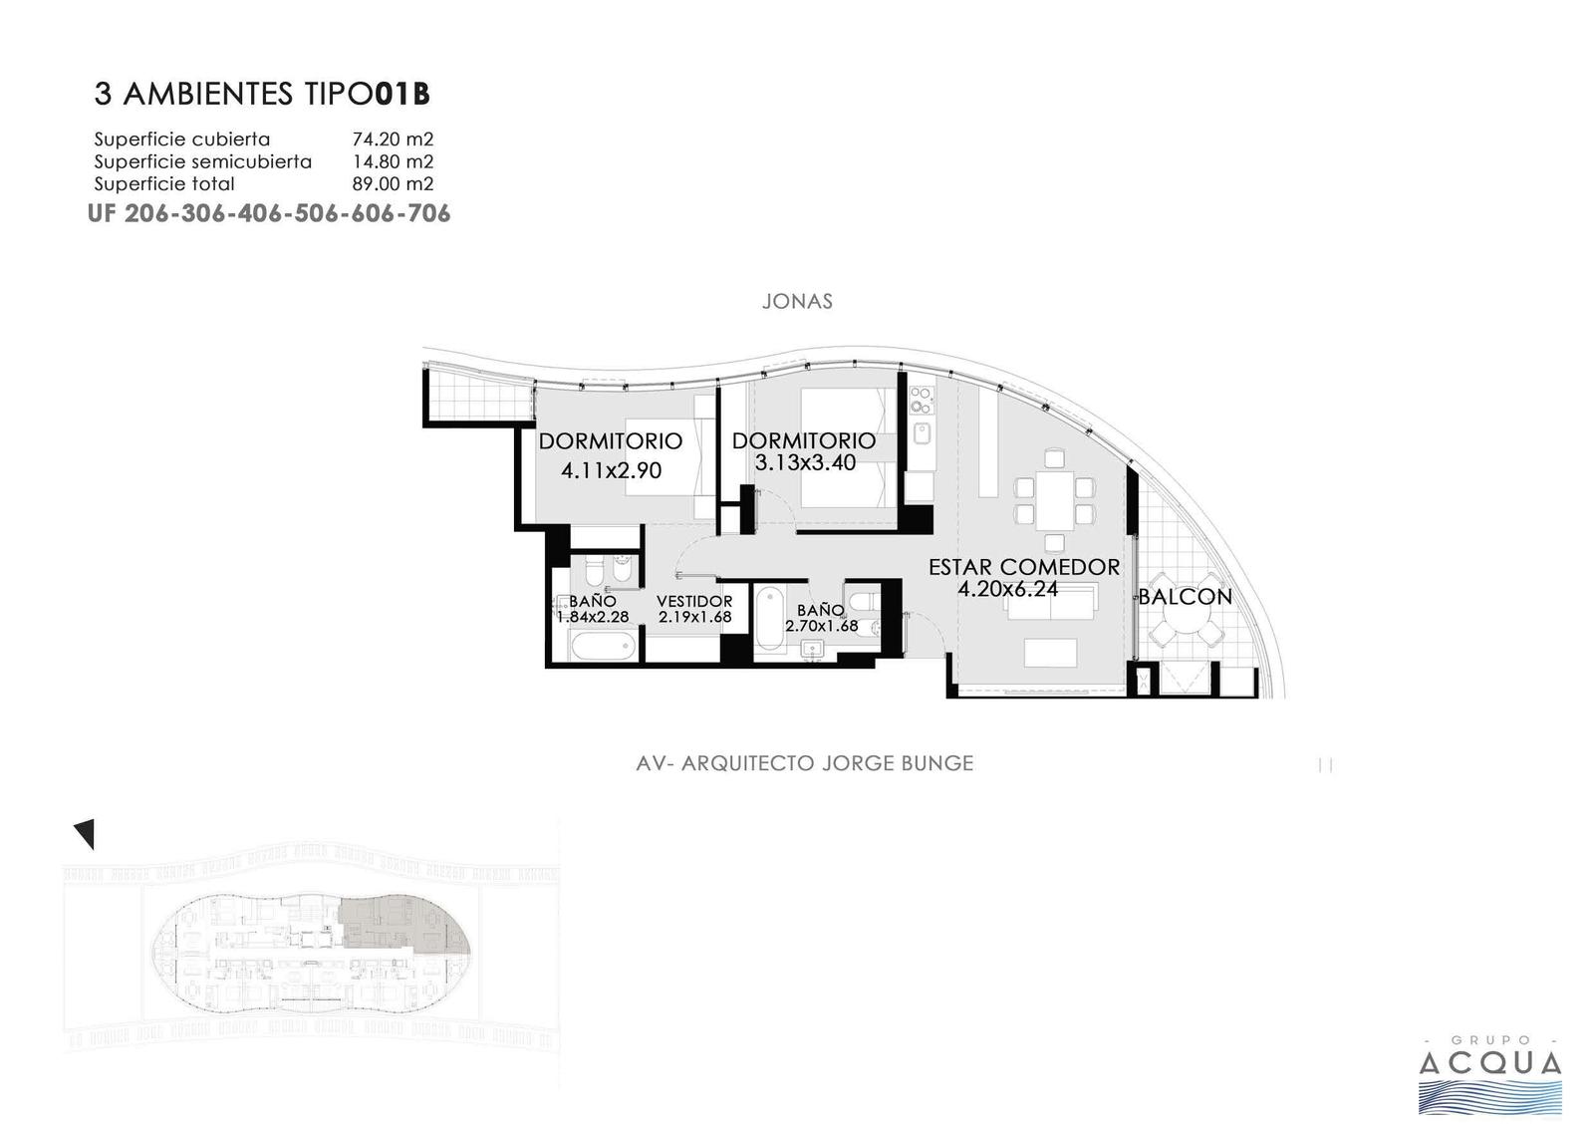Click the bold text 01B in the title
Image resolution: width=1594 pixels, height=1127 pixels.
[402, 94]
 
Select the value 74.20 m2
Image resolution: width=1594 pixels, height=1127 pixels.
[393, 139]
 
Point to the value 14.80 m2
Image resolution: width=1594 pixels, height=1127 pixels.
[393, 161]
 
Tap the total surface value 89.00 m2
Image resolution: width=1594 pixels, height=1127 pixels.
[393, 183]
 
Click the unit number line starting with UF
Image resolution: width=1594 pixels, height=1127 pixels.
[269, 213]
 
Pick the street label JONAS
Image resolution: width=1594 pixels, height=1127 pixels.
[797, 301]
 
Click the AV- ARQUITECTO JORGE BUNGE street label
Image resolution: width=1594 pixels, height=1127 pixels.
[805, 763]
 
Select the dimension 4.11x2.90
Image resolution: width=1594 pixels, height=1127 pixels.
[612, 470]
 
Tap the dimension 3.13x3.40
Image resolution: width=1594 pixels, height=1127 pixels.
[805, 462]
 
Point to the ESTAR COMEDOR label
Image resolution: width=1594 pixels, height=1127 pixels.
[1024, 567]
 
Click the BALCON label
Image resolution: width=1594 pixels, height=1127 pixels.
[1186, 597]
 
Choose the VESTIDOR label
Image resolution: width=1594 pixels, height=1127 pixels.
[694, 602]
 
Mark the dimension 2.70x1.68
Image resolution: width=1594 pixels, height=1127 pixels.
[822, 626]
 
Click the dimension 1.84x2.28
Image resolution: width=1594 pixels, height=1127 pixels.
[593, 617]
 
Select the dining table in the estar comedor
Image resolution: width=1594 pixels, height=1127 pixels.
[1055, 500]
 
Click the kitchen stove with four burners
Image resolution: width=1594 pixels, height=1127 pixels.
[921, 401]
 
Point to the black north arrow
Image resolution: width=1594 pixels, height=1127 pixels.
[85, 833]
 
